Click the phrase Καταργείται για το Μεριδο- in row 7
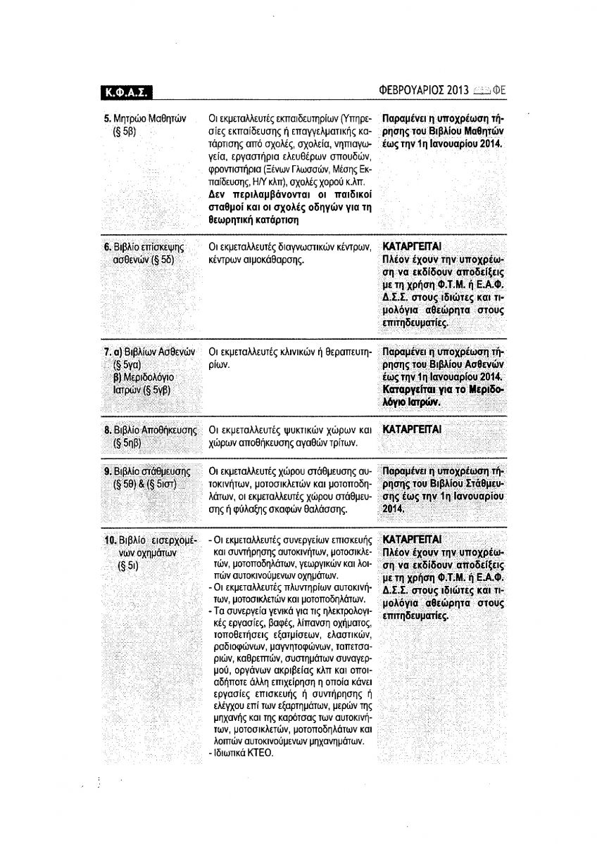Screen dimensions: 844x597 [x=444, y=390]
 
